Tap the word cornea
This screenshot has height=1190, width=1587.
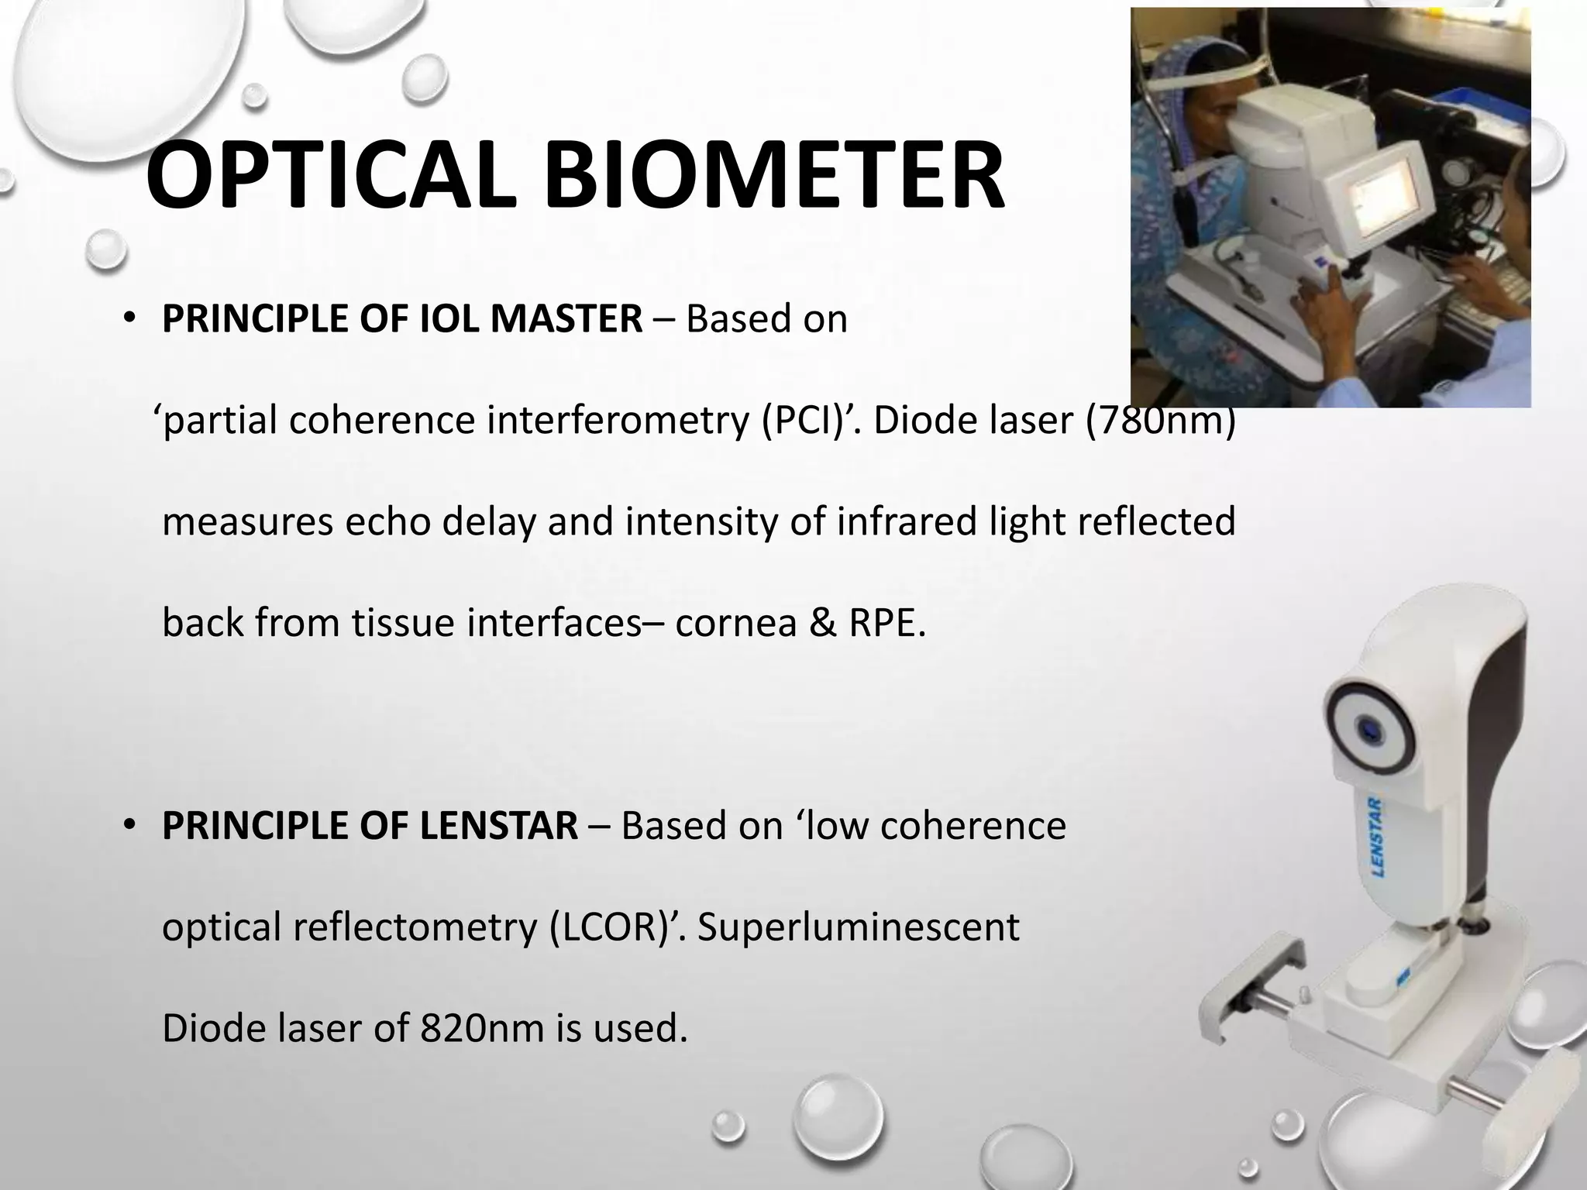click(x=735, y=623)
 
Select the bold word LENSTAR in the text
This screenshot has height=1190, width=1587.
click(x=499, y=826)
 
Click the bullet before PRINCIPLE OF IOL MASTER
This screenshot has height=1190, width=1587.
click(x=129, y=320)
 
